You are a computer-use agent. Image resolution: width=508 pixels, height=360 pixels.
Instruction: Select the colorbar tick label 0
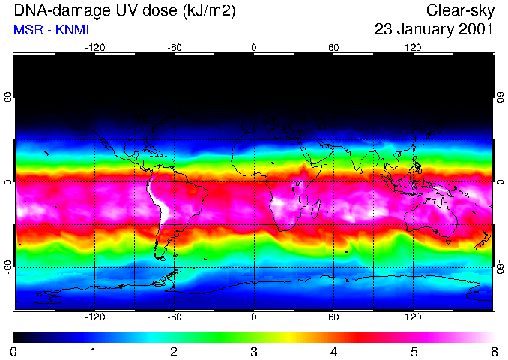tap(14, 351)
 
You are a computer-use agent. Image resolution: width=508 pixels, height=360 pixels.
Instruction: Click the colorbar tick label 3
tap(254, 351)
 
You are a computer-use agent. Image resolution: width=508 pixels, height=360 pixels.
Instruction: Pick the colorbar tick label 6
tap(493, 351)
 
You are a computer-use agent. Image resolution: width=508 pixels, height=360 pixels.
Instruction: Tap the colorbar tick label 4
tap(333, 351)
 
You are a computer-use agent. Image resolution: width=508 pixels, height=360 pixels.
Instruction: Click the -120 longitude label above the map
tap(94, 47)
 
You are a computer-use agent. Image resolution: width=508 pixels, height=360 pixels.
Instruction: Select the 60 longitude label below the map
tap(333, 317)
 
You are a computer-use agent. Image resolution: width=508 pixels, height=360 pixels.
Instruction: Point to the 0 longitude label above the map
tap(254, 47)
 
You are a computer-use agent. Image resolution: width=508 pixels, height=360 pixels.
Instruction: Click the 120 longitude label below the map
tap(414, 317)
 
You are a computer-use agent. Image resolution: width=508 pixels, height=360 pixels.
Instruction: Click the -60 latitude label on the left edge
tap(7, 266)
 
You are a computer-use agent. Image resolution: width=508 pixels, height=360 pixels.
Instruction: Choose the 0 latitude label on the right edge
tap(500, 182)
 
